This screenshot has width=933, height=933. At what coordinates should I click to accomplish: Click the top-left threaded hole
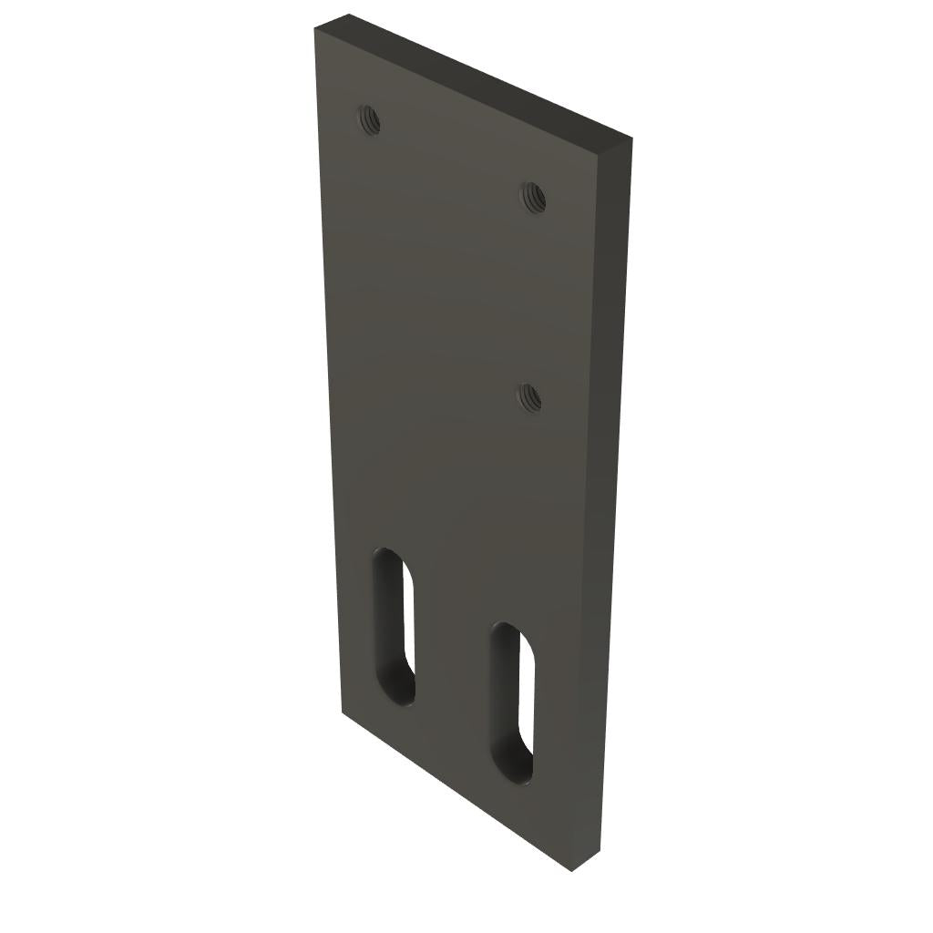point(368,119)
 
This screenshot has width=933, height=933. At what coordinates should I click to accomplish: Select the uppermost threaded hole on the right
point(533,196)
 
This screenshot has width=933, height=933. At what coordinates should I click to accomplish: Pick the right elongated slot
point(512,702)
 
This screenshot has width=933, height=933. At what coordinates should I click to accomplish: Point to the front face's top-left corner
point(315,29)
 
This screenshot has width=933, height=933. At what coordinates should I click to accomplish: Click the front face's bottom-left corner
point(342,713)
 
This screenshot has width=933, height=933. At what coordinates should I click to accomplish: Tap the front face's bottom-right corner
point(571,870)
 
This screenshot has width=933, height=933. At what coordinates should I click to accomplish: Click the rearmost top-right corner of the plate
point(632,139)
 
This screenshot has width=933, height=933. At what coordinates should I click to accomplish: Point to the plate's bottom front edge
point(456,792)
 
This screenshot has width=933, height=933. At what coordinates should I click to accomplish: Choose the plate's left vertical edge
point(328,364)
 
